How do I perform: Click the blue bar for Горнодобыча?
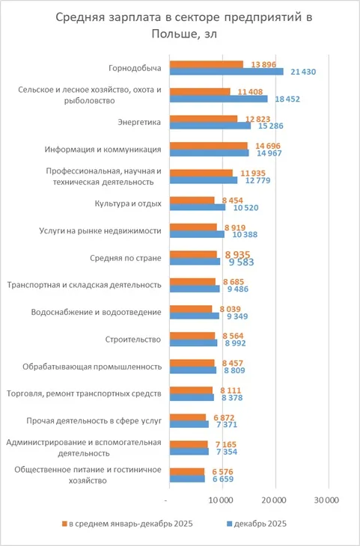click(227, 72)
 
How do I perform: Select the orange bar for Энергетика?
click(204, 118)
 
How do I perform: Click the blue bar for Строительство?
click(194, 343)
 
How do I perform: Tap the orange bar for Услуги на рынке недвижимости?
click(193, 227)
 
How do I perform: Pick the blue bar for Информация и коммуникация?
click(210, 153)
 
